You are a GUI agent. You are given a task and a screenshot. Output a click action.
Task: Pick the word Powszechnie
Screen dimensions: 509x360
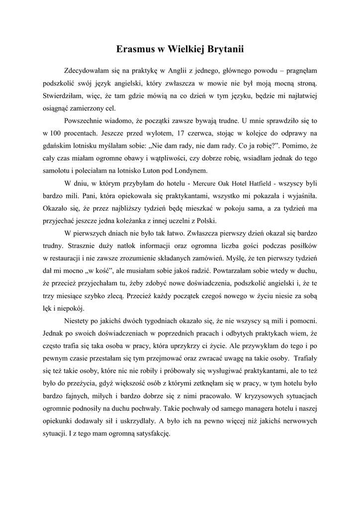coord(85,121)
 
